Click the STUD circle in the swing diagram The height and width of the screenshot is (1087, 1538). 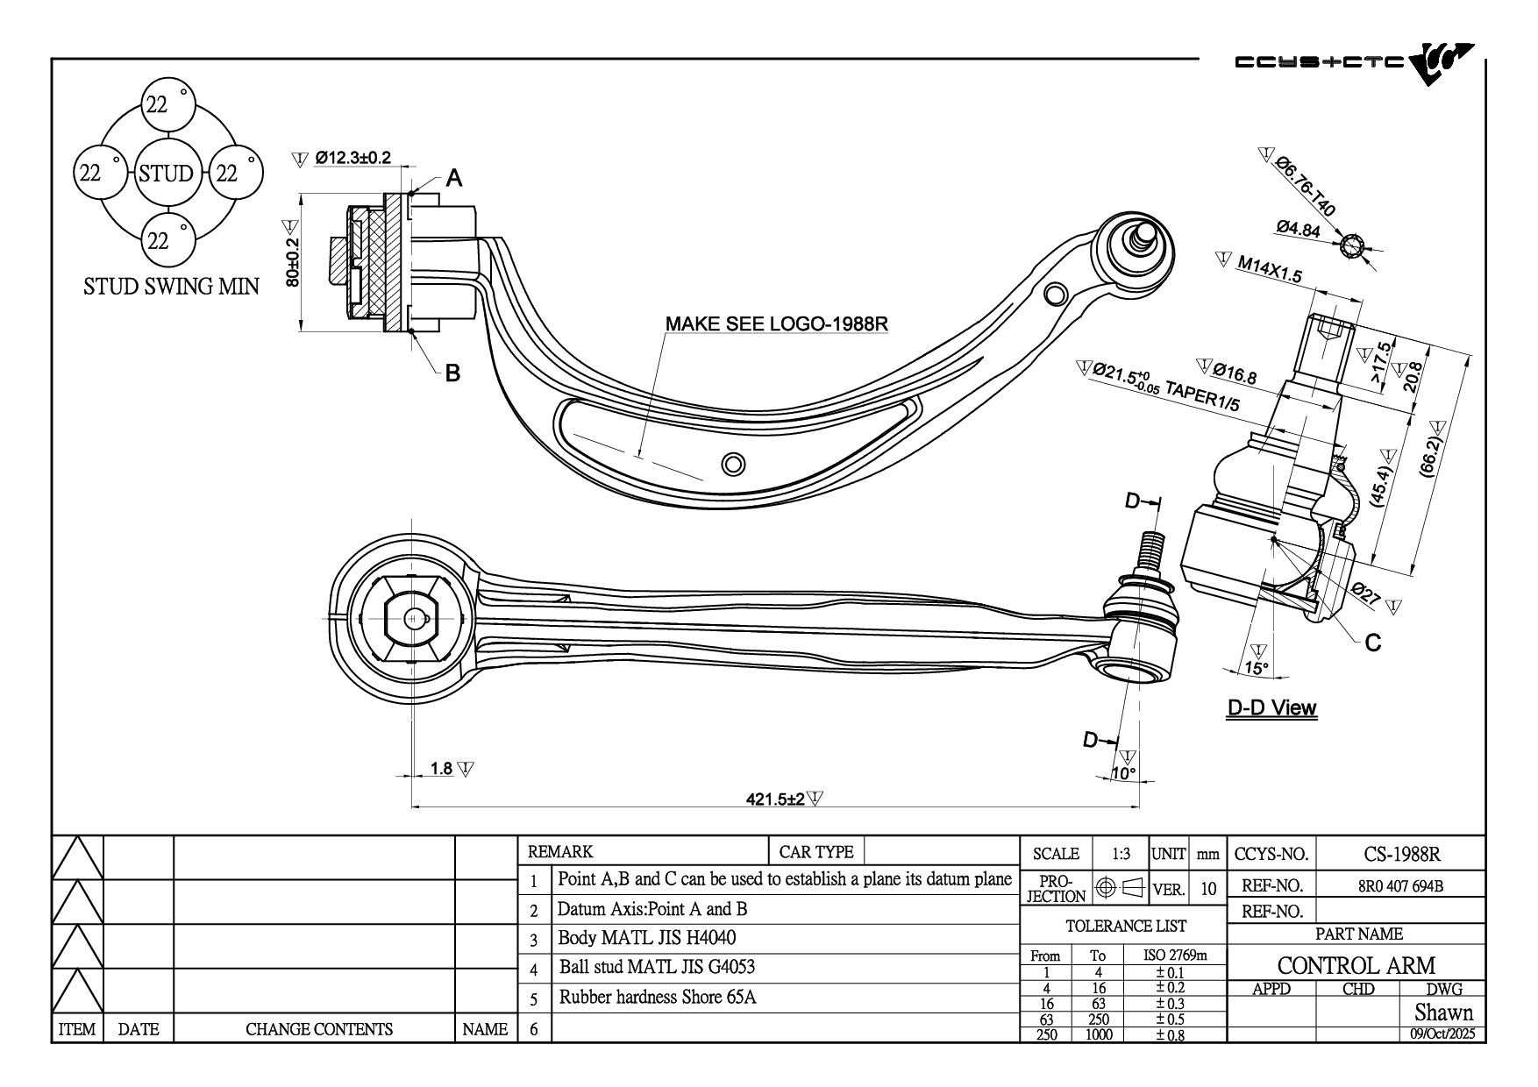tap(166, 173)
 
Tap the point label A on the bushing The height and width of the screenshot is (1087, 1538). tap(453, 179)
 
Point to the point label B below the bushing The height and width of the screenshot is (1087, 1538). tap(452, 373)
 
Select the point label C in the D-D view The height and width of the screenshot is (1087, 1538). tap(1373, 643)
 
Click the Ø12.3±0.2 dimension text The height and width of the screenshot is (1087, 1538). tap(352, 159)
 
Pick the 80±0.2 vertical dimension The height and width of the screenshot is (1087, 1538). tap(293, 262)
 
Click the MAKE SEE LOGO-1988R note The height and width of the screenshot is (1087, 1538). tap(776, 323)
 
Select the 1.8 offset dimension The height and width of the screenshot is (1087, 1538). tap(441, 769)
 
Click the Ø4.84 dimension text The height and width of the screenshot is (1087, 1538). tap(1299, 230)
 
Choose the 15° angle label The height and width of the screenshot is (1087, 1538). tap(1257, 668)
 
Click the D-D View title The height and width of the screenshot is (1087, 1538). tap(1271, 707)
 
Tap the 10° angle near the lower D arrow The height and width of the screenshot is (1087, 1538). tap(1123, 773)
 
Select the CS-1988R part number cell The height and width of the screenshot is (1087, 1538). tap(1402, 854)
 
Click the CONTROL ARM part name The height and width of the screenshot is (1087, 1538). tap(1356, 965)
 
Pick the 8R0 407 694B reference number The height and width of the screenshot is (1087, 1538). tap(1400, 886)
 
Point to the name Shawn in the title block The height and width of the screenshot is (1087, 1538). tap(1443, 1012)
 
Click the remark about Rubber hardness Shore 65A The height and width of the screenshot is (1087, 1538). tap(658, 997)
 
